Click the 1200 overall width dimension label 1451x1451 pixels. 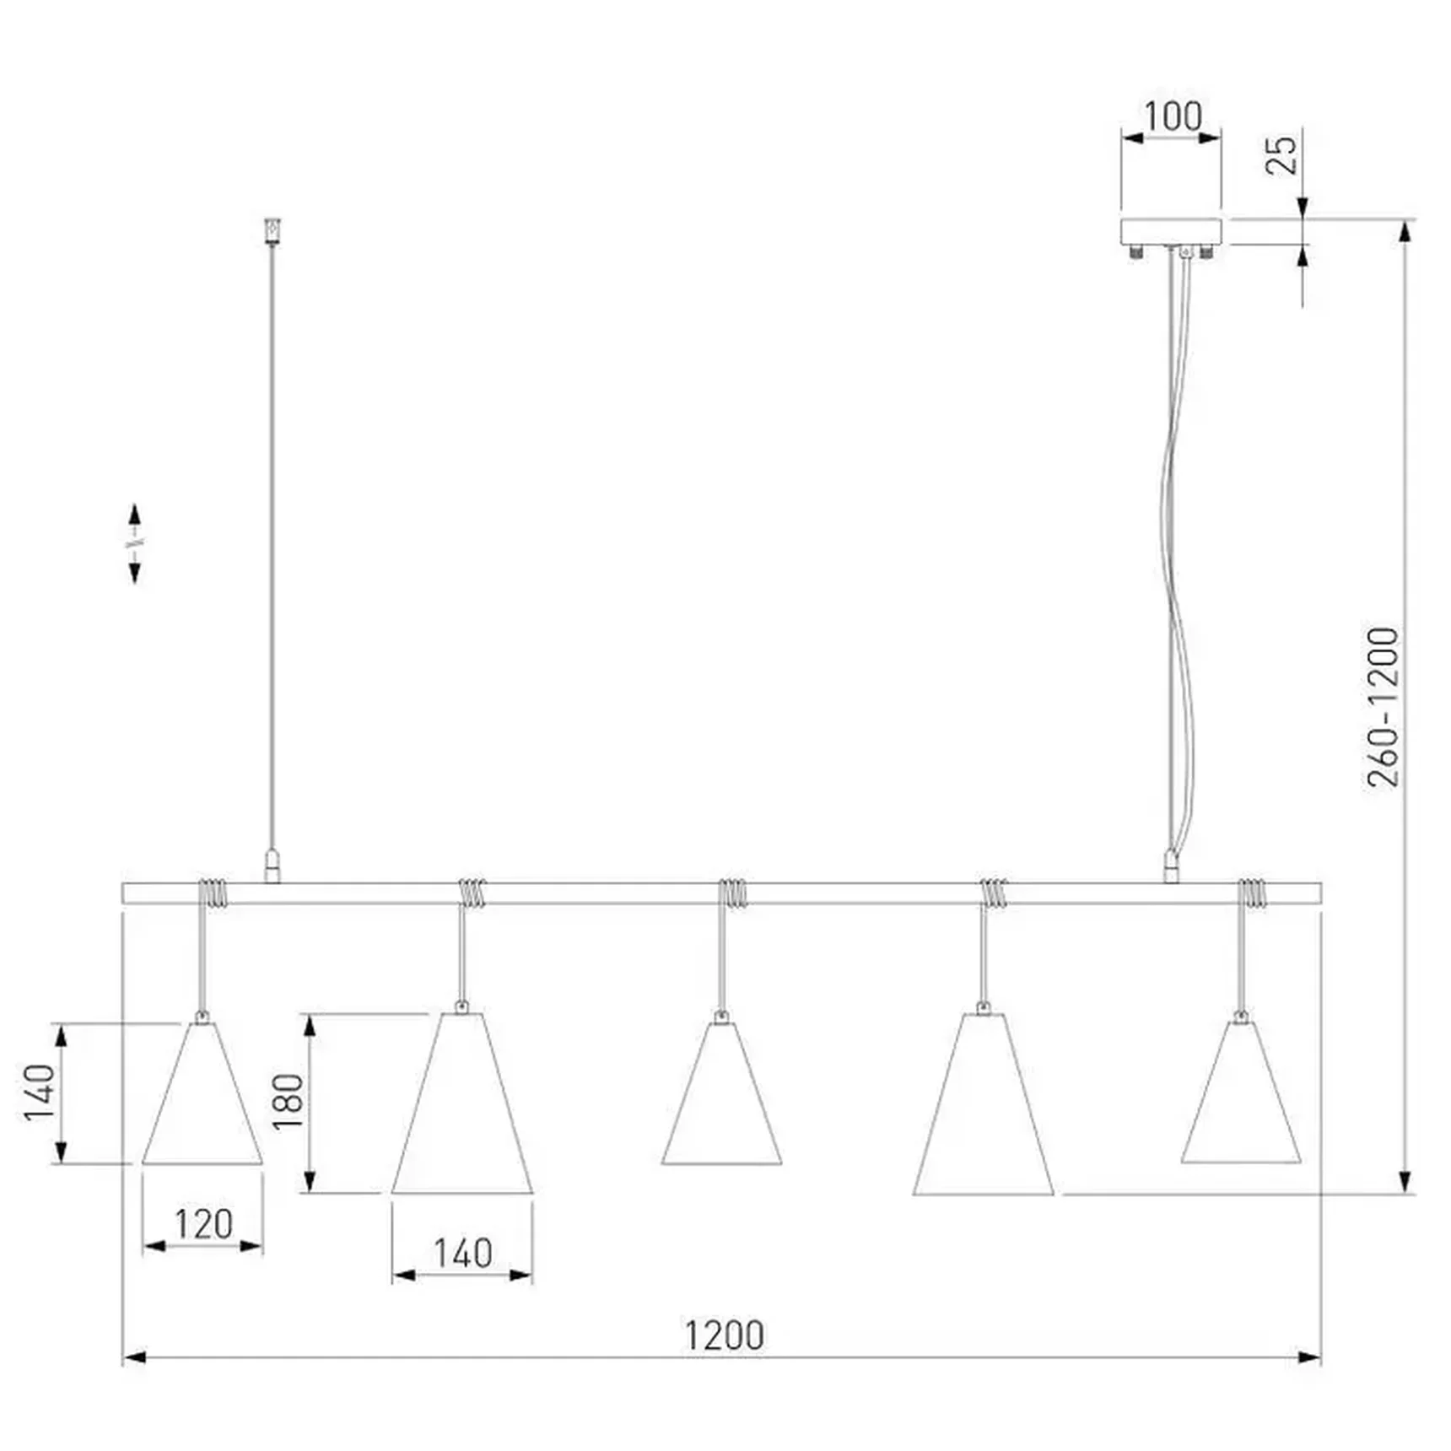coord(724,1335)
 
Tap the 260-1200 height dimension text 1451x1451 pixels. coord(1383,707)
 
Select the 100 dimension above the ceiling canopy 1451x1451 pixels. coord(1173,116)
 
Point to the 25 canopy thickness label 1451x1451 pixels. coord(1281,155)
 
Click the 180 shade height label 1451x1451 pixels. coord(288,1102)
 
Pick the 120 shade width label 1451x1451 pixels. coord(203,1224)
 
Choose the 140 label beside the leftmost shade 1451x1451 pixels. coord(39,1092)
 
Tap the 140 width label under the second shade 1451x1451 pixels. coord(462,1254)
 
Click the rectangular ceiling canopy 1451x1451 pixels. coord(1171,232)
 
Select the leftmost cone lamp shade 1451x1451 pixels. coord(202,1093)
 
